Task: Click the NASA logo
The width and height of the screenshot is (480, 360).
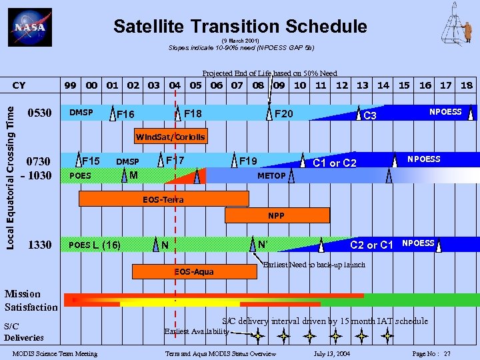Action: [29, 28]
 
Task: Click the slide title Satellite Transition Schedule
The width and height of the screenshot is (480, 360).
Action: [240, 26]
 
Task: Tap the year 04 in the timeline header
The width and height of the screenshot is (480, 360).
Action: [175, 85]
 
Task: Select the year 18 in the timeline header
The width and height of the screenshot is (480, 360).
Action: [466, 85]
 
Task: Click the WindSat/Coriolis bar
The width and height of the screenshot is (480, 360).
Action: [171, 137]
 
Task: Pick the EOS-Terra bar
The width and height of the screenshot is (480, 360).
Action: [163, 199]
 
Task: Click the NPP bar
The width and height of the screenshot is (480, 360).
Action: [277, 215]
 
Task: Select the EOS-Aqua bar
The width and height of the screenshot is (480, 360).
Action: [194, 271]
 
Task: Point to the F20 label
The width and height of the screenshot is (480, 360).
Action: [284, 114]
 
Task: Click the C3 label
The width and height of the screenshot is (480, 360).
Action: [370, 116]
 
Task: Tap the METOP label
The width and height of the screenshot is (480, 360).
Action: [271, 176]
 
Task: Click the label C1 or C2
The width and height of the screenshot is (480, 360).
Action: [335, 163]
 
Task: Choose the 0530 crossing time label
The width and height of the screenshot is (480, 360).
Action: [39, 113]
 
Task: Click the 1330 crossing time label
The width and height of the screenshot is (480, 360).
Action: [39, 245]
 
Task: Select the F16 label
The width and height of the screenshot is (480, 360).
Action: [125, 115]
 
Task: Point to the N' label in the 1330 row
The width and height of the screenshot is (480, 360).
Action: [263, 245]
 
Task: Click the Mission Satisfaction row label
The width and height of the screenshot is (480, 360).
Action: [31, 301]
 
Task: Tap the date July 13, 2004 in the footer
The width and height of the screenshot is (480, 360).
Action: [331, 353]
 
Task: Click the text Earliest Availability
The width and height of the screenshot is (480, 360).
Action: [196, 331]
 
